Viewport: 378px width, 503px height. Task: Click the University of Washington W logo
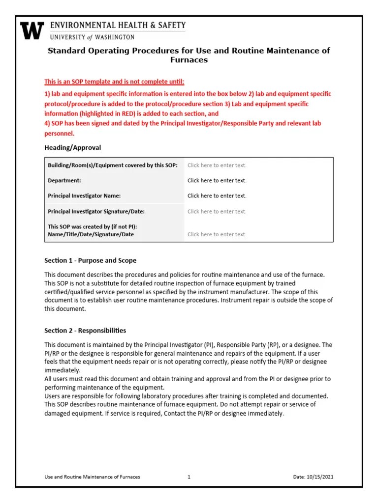click(x=32, y=30)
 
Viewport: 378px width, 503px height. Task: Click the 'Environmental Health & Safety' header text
click(x=118, y=25)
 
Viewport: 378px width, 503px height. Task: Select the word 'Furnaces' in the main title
click(x=189, y=60)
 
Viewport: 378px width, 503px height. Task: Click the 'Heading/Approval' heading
click(x=72, y=147)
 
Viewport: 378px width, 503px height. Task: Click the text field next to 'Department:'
click(x=217, y=181)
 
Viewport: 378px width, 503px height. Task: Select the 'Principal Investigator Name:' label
click(x=84, y=196)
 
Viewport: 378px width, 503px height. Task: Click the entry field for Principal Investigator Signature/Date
click(x=217, y=212)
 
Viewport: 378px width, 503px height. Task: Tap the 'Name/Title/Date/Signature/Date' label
click(x=91, y=235)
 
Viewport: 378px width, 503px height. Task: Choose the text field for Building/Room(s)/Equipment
click(x=217, y=166)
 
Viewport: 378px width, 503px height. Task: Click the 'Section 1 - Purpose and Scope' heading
click(x=90, y=260)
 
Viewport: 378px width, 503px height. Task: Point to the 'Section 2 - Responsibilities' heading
click(x=85, y=331)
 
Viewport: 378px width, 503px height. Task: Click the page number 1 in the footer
click(x=189, y=477)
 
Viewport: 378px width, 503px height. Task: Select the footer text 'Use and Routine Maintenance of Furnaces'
click(x=92, y=477)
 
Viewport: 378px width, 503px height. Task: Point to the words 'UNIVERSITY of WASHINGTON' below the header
click(x=92, y=37)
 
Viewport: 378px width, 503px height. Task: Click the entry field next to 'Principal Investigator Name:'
click(x=217, y=196)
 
